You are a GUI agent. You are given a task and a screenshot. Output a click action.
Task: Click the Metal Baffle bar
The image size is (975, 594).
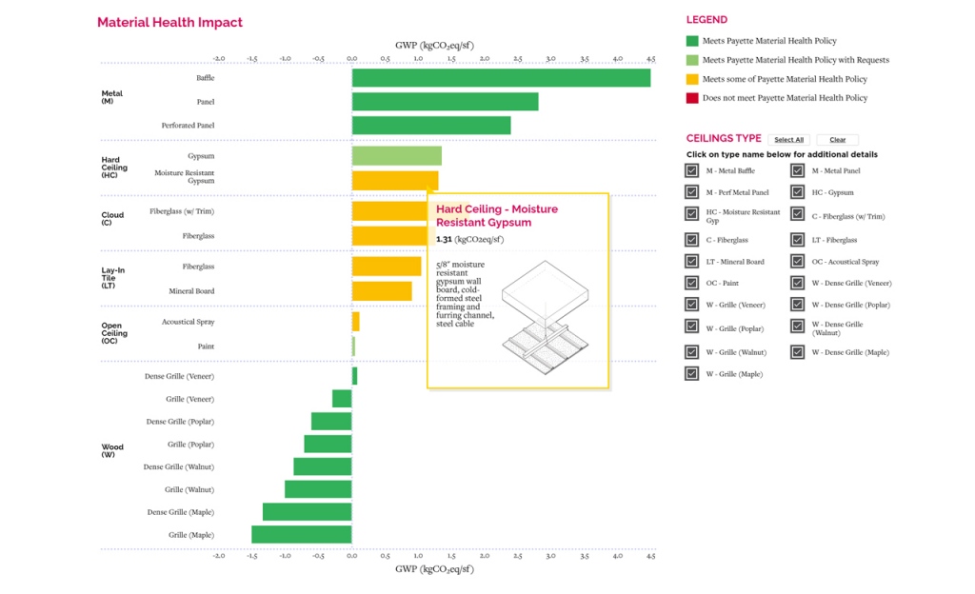click(501, 78)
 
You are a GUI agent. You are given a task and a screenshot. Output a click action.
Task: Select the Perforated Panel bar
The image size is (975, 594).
click(430, 126)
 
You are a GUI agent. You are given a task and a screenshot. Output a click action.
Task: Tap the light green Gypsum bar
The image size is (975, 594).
click(396, 156)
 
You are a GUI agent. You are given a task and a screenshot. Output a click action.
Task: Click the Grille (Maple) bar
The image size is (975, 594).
click(301, 535)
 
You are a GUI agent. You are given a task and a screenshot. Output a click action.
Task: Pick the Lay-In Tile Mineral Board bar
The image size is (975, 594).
click(382, 291)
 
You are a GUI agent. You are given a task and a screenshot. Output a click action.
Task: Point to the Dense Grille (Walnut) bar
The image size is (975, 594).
click(322, 466)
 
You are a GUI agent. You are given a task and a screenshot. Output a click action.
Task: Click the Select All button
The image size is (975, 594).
click(788, 140)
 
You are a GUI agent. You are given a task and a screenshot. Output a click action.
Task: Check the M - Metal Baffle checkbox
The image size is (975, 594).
click(692, 171)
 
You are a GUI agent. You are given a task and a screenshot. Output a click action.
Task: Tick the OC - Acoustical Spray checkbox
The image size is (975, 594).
click(798, 262)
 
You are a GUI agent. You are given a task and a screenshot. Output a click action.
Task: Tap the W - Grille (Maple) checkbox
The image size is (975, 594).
click(692, 374)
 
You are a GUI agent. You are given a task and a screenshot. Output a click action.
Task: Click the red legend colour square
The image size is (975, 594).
click(692, 98)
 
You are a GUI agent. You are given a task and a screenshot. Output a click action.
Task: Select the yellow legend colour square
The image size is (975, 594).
click(692, 79)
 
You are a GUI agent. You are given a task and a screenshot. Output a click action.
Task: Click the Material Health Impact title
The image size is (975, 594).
click(169, 23)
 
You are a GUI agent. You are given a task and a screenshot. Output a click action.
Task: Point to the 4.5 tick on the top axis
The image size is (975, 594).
click(650, 59)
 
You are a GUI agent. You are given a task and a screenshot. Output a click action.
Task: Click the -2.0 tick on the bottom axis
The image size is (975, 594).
click(218, 555)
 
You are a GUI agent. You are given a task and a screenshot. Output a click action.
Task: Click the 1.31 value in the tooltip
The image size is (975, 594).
click(445, 239)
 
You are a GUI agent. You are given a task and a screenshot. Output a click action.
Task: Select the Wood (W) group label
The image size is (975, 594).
click(112, 450)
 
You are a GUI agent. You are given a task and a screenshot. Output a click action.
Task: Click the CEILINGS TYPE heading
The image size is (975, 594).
click(724, 139)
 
